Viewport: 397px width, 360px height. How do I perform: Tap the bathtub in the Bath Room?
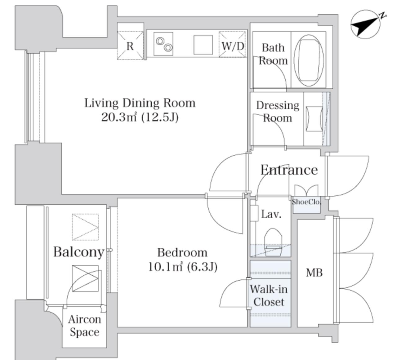(x=309, y=60)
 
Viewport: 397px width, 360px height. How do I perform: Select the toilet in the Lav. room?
(x=273, y=242)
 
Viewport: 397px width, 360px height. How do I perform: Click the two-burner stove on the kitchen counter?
(x=163, y=44)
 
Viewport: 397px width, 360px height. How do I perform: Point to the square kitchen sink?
(x=203, y=45)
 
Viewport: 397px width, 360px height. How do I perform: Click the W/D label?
(x=233, y=46)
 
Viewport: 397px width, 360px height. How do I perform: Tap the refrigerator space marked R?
(x=130, y=46)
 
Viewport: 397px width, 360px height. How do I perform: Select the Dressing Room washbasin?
(x=314, y=118)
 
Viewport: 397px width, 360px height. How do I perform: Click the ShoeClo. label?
(x=306, y=202)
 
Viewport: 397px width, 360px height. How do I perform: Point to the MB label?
(x=314, y=273)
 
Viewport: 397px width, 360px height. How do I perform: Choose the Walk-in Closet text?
(x=269, y=296)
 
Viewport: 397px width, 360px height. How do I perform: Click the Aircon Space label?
(x=84, y=326)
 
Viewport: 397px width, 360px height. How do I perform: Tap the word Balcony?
(x=79, y=252)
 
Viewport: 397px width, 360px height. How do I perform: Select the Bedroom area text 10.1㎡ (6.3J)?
(x=183, y=267)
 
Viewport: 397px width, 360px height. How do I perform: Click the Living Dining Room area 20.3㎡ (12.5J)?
(x=140, y=117)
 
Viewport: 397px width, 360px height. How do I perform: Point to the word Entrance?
(x=289, y=170)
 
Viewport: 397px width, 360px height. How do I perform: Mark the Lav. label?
(x=271, y=214)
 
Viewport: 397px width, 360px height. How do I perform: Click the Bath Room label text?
(x=273, y=54)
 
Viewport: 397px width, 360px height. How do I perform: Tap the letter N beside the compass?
(x=383, y=16)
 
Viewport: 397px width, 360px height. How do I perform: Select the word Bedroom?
(x=182, y=252)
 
